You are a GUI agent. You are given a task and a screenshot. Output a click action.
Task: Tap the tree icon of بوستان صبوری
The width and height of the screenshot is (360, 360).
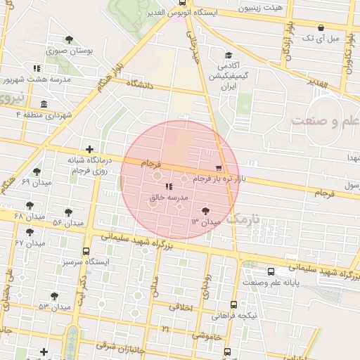[x=68, y=39]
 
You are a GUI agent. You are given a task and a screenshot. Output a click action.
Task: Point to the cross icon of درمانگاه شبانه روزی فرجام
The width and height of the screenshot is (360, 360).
[x=89, y=149]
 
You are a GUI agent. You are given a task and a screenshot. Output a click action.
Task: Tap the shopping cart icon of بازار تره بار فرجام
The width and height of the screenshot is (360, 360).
[x=219, y=168]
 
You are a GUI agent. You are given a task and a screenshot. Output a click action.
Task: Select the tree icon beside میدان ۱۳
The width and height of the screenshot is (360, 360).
[x=205, y=210]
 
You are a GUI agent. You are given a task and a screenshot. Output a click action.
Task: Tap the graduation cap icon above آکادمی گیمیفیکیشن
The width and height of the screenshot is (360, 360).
[x=228, y=56]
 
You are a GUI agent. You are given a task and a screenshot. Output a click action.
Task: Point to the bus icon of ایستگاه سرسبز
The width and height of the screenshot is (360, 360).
[x=86, y=251]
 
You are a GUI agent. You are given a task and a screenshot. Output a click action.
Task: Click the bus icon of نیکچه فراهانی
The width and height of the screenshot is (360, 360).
[x=234, y=305]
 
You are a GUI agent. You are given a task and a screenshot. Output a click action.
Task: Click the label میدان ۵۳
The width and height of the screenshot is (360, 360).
[x=55, y=307]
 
